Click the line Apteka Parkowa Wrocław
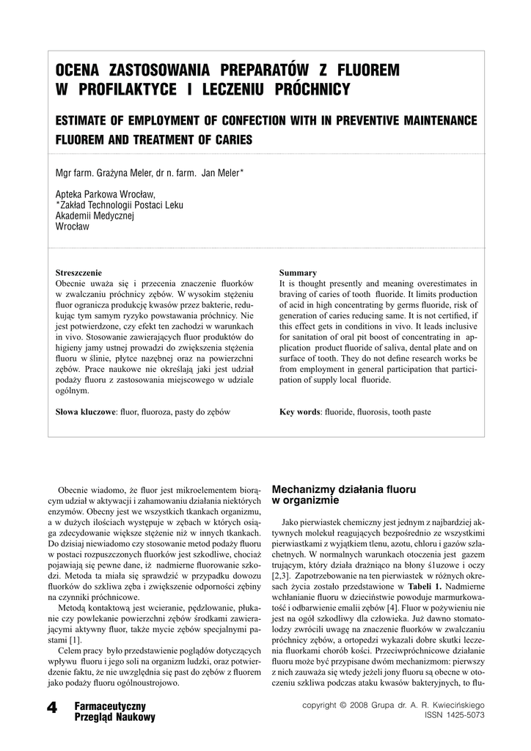pyautogui.click(x=106, y=195)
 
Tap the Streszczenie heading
pyautogui.click(x=79, y=272)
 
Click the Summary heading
pyautogui.click(x=298, y=272)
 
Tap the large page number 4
pyautogui.click(x=51, y=708)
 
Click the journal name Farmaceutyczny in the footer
pyautogui.click(x=110, y=706)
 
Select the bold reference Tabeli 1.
pyautogui.click(x=425, y=587)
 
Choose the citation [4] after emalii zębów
pyautogui.click(x=392, y=608)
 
